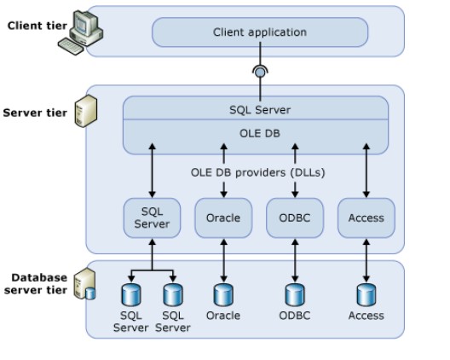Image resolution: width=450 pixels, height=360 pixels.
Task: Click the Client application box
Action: click(x=260, y=32)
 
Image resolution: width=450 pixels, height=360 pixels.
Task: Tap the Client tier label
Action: click(x=37, y=26)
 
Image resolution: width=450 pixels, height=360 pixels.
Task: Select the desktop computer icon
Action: click(x=81, y=32)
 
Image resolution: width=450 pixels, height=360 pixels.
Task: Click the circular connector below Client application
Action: click(x=260, y=73)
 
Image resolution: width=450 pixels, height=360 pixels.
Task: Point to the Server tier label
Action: click(x=35, y=113)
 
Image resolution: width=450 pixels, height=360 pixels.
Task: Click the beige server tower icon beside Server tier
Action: click(x=86, y=111)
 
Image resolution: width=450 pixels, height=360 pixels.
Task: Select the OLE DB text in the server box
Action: click(x=260, y=134)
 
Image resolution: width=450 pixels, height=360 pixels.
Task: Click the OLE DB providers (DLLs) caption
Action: click(x=257, y=172)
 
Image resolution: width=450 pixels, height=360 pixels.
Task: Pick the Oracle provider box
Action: click(x=223, y=218)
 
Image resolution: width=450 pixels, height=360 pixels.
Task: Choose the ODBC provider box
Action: click(x=295, y=218)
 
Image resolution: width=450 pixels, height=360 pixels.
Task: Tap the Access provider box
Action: click(x=366, y=218)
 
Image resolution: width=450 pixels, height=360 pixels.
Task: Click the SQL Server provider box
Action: click(x=152, y=218)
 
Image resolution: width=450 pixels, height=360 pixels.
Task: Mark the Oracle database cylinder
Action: click(x=223, y=295)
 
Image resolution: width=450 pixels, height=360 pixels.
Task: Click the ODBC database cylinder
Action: click(x=295, y=295)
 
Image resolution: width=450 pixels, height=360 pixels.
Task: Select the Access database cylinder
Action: click(x=366, y=295)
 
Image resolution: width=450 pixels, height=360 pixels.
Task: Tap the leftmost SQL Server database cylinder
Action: click(x=131, y=295)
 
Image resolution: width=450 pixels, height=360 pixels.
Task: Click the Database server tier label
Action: click(x=36, y=284)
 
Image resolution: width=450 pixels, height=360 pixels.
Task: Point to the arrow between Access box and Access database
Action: click(x=366, y=260)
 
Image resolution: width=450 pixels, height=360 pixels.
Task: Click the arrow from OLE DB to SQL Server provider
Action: click(x=153, y=171)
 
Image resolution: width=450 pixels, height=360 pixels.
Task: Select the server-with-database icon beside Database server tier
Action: click(x=84, y=284)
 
